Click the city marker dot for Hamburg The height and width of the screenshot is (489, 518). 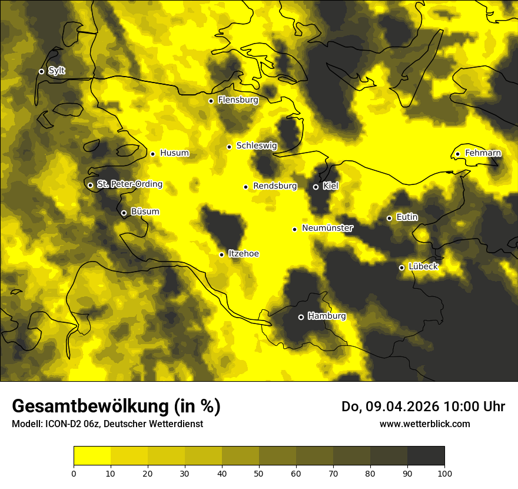[x=301, y=317]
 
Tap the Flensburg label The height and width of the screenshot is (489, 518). [x=238, y=100]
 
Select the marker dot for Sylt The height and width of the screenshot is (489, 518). [x=41, y=71]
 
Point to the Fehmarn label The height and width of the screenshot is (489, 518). [x=483, y=153]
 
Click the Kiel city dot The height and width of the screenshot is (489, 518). [x=316, y=187]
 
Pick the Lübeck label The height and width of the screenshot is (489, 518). [x=423, y=266]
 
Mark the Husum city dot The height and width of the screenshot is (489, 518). [x=152, y=154]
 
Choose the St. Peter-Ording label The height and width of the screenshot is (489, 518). [x=129, y=184]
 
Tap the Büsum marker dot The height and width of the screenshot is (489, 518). [x=124, y=213]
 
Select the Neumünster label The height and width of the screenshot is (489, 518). [x=327, y=228]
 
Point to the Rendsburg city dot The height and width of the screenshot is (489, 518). [x=245, y=187]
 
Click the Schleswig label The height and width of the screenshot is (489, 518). [x=256, y=146]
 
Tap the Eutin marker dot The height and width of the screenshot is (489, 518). [x=389, y=218]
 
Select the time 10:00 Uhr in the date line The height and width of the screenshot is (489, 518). [x=474, y=407]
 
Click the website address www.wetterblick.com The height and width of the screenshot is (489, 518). [x=425, y=424]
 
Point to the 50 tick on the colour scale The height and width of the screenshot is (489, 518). [x=259, y=473]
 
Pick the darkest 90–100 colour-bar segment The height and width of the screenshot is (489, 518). [x=426, y=456]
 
